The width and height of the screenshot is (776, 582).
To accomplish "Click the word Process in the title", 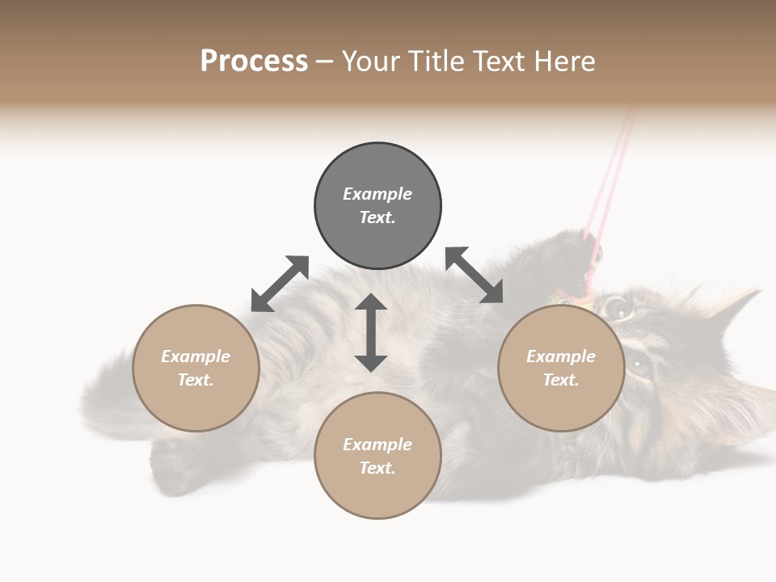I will pyautogui.click(x=254, y=61).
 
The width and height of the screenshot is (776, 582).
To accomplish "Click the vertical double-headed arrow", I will pyautogui.click(x=371, y=332).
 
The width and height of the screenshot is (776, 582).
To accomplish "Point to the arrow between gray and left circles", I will pyautogui.click(x=280, y=284).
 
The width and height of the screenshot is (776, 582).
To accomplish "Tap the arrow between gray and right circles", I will pyautogui.click(x=474, y=275).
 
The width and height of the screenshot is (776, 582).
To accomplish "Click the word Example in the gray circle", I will pyautogui.click(x=377, y=194).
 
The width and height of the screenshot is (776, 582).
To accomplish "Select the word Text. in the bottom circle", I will pyautogui.click(x=377, y=468).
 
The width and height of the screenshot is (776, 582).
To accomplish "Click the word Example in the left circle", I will pyautogui.click(x=196, y=356).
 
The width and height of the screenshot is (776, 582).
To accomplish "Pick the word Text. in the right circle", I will pyautogui.click(x=561, y=380).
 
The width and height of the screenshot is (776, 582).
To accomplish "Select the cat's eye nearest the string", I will pyautogui.click(x=618, y=306).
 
